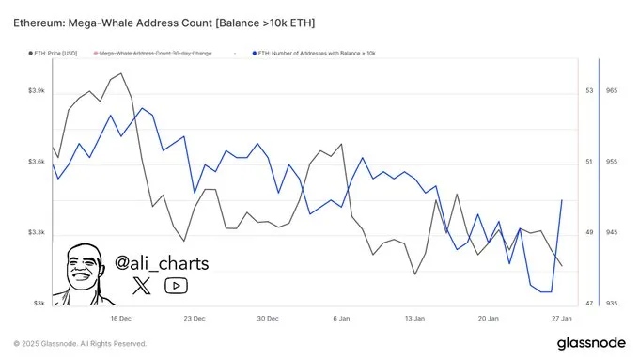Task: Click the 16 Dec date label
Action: (120, 319)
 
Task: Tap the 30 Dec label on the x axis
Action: (268, 319)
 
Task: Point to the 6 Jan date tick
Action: (342, 319)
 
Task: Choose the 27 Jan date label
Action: (562, 319)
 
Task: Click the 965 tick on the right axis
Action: (613, 91)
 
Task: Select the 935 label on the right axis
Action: (613, 305)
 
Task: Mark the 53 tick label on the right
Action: (590, 91)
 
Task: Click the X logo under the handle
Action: (141, 286)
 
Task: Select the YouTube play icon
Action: (176, 286)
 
